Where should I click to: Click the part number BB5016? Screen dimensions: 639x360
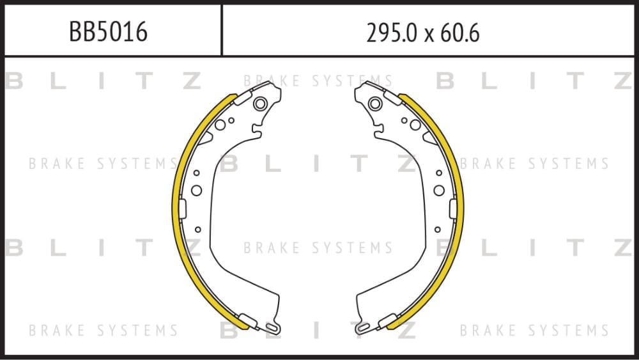click(x=108, y=32)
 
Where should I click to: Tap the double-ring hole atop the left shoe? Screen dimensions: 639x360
click(x=261, y=104)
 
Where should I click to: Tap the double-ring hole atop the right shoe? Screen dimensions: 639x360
click(x=375, y=104)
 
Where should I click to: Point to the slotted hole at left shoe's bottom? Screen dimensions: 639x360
click(x=273, y=327)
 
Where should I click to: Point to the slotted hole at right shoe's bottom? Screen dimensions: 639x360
click(x=362, y=327)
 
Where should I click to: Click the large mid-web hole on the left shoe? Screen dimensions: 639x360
click(x=196, y=191)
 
